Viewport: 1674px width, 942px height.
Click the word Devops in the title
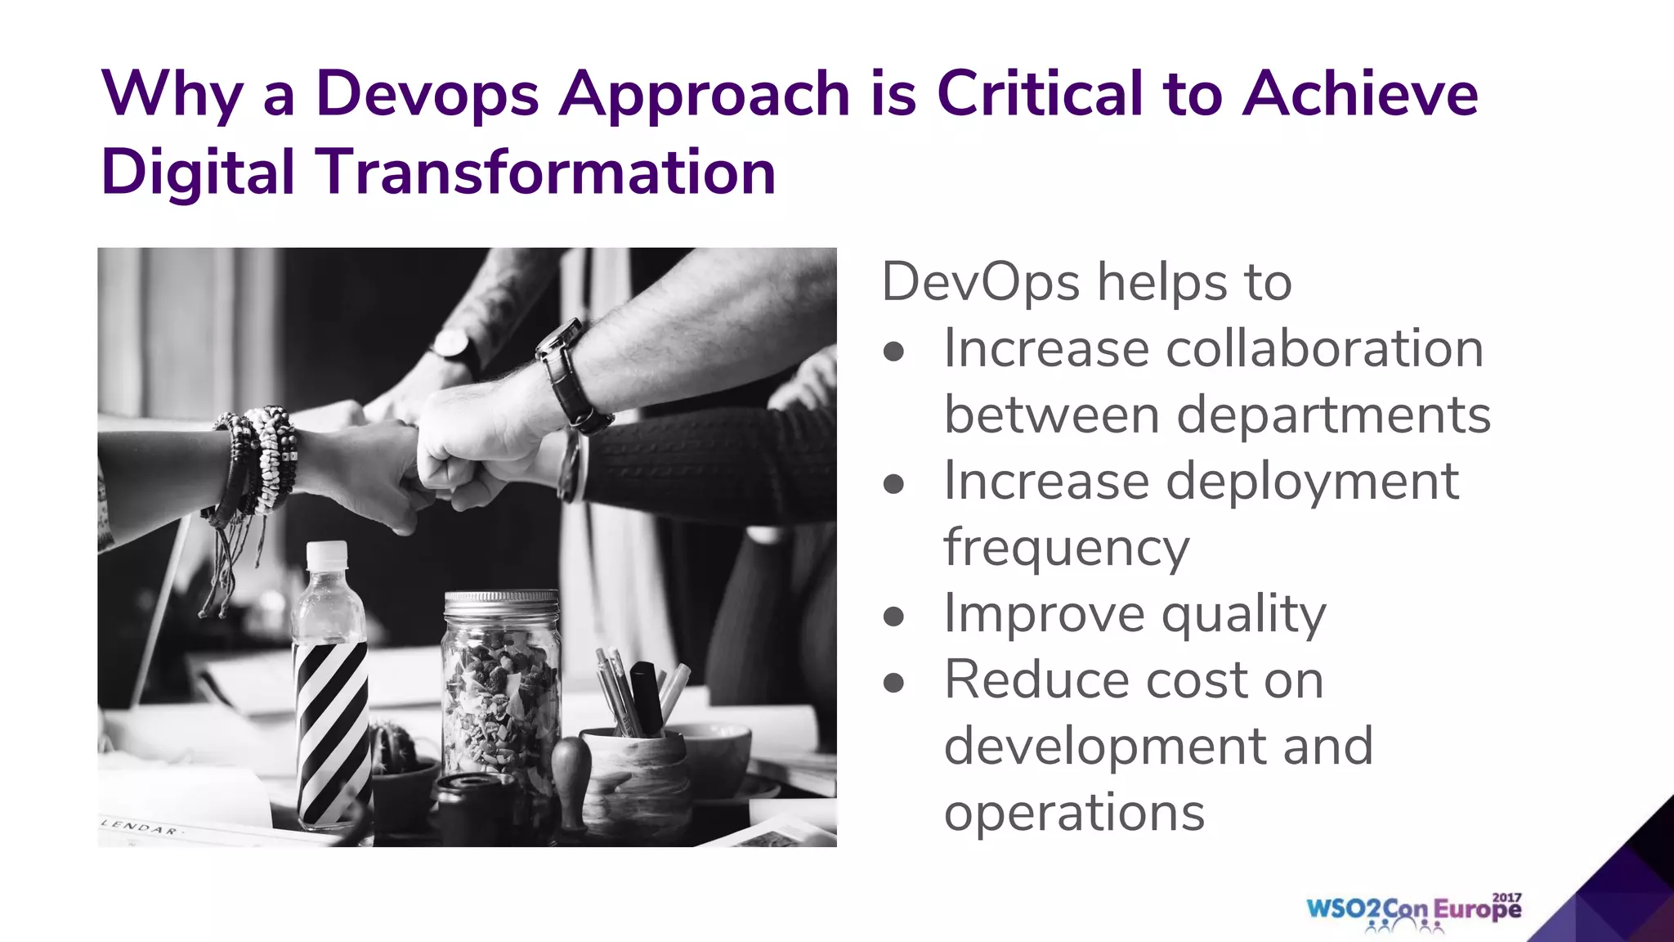[427, 94]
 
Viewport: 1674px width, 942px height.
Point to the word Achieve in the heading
[1360, 92]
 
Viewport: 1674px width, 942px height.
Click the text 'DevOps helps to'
[1086, 282]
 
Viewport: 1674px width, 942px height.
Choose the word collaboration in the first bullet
[1324, 348]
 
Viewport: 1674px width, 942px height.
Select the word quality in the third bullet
[1243, 614]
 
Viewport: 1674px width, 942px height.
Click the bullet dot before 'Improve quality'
[894, 616]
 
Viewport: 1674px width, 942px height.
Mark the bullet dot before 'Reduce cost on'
[894, 682]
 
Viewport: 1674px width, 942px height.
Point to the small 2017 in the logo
[1506, 897]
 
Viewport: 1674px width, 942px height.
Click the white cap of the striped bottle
[326, 555]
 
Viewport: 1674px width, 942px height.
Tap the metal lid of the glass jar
[501, 603]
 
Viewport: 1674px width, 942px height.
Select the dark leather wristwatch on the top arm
[572, 375]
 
